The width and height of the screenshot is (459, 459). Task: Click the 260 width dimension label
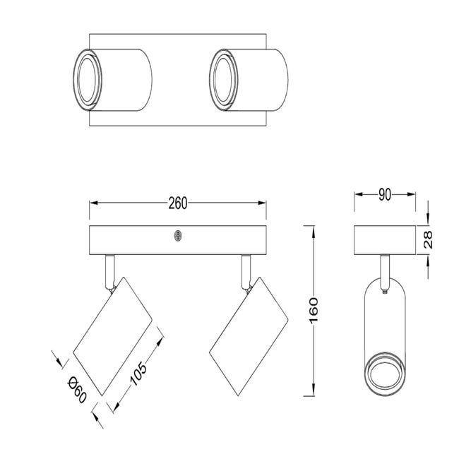[178, 203]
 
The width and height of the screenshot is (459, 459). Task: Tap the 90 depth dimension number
[385, 194]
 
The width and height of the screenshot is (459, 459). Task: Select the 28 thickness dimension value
[428, 240]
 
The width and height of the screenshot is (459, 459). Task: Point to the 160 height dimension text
[314, 311]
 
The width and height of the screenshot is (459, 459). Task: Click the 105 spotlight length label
[138, 374]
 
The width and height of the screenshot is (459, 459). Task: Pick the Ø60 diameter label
[77, 390]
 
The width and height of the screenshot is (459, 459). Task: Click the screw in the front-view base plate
[178, 236]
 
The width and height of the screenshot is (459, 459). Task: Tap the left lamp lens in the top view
[87, 80]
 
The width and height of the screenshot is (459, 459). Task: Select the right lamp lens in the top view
[223, 80]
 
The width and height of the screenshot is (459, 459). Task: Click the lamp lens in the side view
[385, 374]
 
